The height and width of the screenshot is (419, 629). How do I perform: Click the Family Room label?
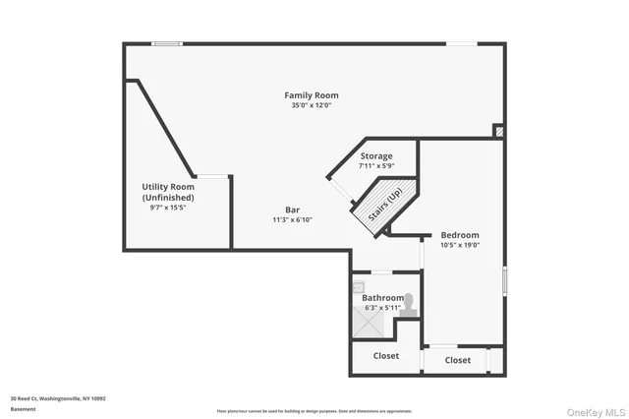311,95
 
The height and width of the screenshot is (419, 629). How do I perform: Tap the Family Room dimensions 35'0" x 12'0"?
311,105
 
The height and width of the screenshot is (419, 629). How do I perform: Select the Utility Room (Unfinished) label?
168,192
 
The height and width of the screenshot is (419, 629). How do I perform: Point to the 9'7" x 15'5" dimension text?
168,208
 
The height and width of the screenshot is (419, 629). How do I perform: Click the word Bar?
292,209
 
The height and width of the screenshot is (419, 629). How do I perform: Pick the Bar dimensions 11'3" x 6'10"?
292,219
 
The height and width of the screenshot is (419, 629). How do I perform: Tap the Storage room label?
375,156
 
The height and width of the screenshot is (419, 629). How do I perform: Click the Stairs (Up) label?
384,207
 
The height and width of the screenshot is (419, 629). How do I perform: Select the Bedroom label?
459,235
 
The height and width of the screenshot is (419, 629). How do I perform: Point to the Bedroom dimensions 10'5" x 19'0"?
459,246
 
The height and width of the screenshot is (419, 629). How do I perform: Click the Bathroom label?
382,297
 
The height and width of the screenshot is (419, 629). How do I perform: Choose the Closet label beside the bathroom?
385,356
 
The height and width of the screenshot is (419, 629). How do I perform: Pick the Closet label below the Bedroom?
457,360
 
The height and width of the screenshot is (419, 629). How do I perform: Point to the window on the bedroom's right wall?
504,279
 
